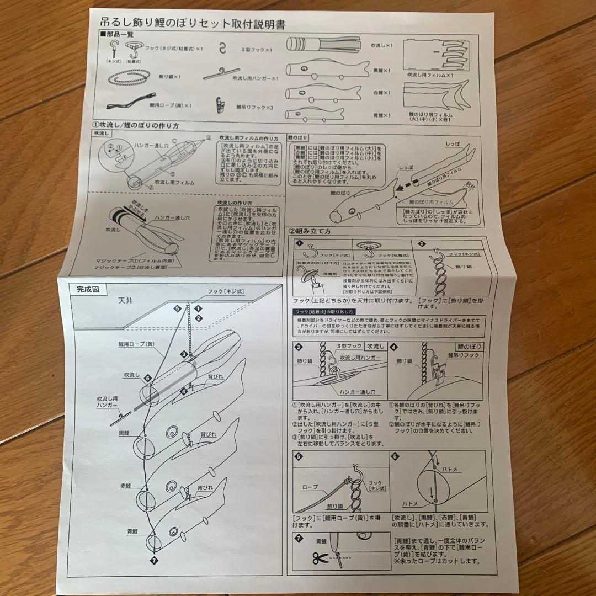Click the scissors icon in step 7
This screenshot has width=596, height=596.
tap(320, 558)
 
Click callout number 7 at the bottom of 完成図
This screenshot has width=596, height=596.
tap(153, 560)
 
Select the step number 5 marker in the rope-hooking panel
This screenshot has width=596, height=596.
tap(299, 456)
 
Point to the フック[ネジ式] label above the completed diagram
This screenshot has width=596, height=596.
tap(225, 291)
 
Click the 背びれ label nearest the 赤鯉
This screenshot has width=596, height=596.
tap(205, 488)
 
